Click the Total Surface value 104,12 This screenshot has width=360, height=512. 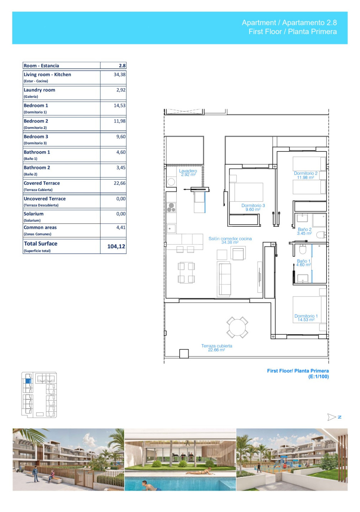click(116, 246)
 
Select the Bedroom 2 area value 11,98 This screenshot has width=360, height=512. click(120, 121)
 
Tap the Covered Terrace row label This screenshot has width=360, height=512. click(42, 183)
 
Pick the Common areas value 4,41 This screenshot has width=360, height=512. click(121, 228)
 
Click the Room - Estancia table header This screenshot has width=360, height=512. click(41, 66)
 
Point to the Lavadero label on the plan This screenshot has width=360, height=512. click(188, 171)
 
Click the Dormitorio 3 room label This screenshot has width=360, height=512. click(253, 206)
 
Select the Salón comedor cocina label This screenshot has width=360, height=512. click(230, 239)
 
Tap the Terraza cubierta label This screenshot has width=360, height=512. click(217, 346)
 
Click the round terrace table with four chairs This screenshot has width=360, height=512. click(237, 327)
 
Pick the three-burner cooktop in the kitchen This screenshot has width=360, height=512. click(171, 208)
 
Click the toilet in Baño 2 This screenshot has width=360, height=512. click(321, 235)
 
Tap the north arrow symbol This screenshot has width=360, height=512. click(332, 417)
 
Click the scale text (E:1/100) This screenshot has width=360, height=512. click(318, 377)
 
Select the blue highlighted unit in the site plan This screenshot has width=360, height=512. click(28, 381)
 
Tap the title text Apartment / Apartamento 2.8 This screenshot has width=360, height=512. click(289, 23)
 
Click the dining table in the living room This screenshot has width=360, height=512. click(186, 273)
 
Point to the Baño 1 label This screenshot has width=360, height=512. click(303, 261)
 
